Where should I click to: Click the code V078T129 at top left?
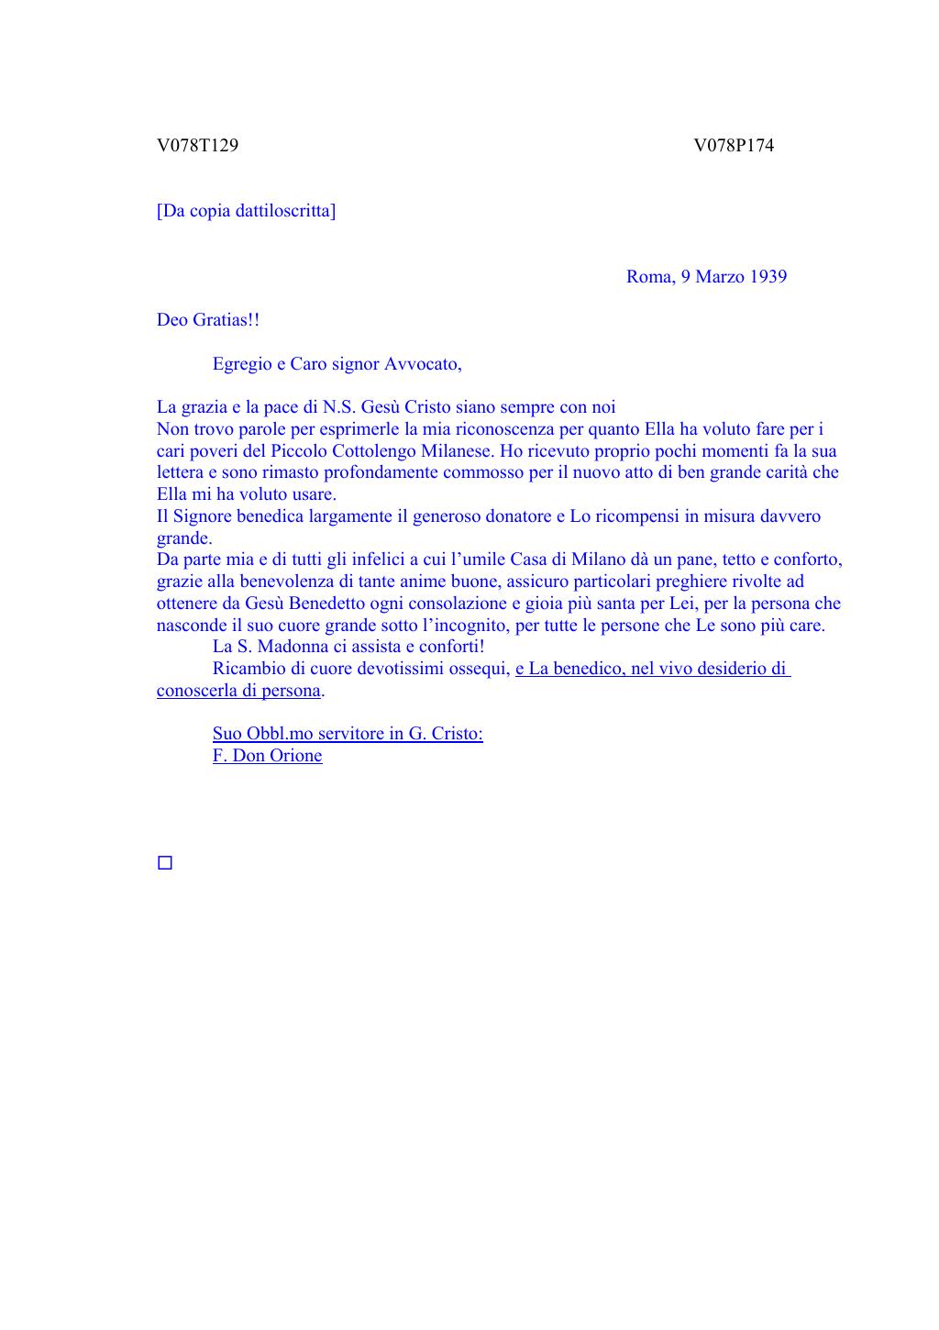click(x=197, y=145)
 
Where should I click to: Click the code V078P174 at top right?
click(x=734, y=145)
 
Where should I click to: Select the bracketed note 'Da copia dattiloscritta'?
click(x=246, y=211)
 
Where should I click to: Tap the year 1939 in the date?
click(x=768, y=277)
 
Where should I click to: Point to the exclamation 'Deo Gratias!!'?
click(x=208, y=320)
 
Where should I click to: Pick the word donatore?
click(x=519, y=516)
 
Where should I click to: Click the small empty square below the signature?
click(x=165, y=863)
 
